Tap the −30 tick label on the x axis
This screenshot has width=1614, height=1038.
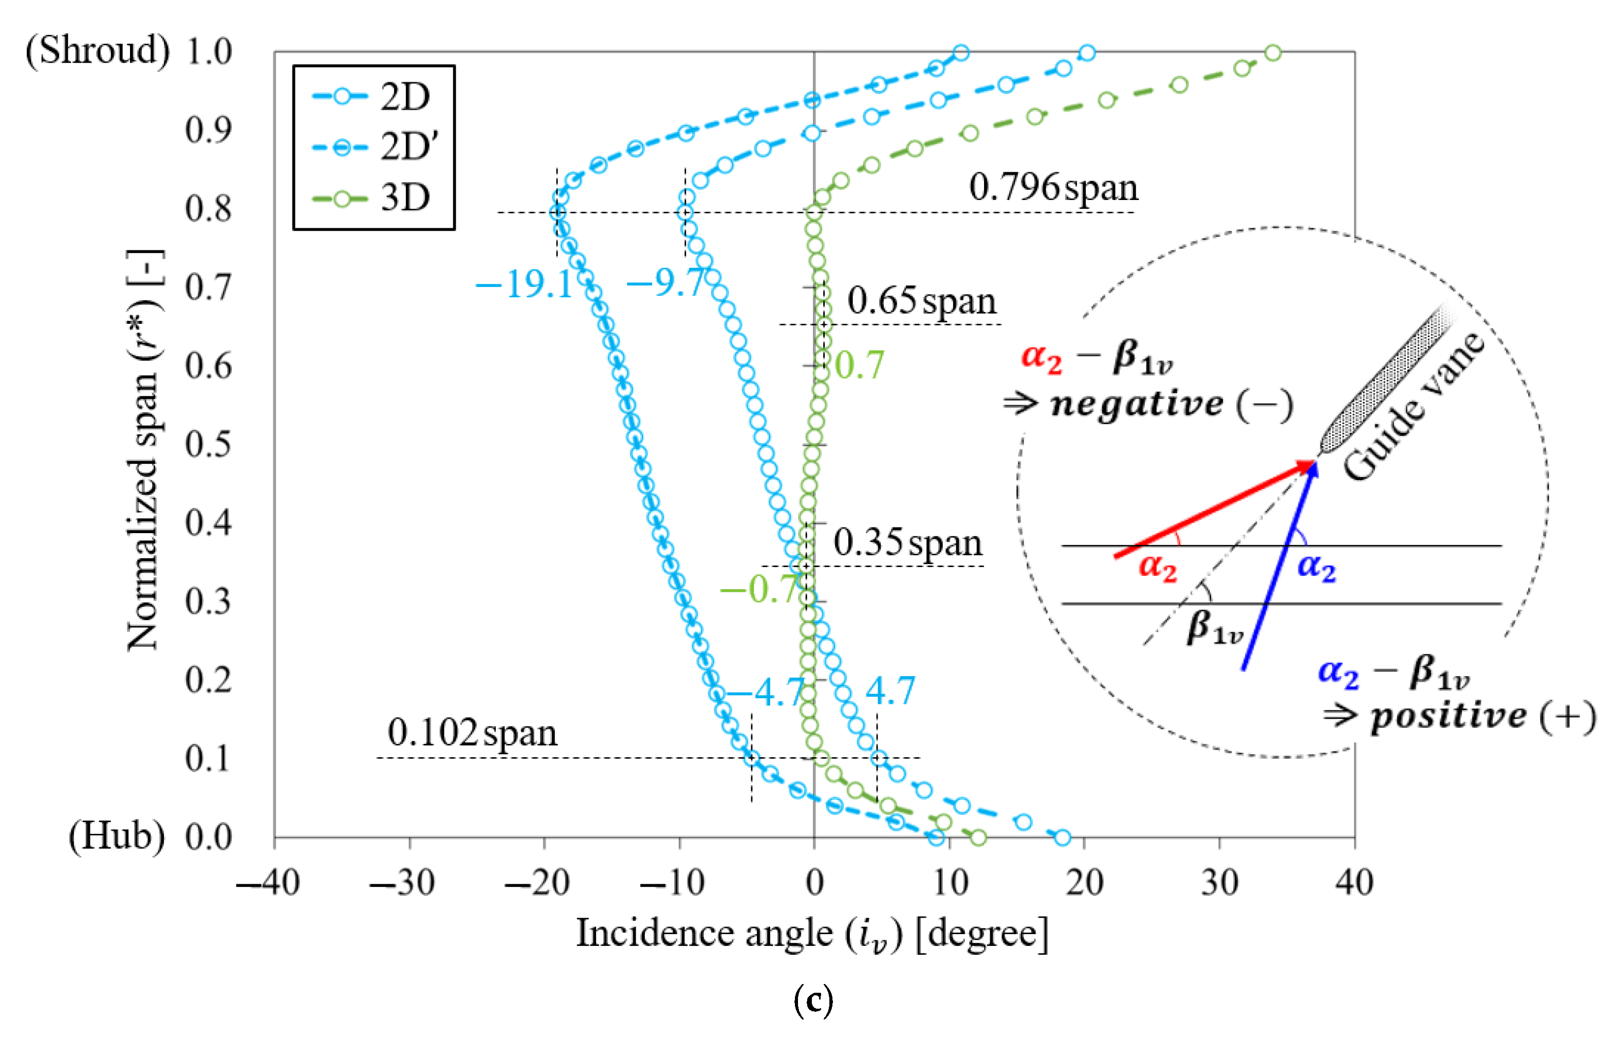(x=403, y=882)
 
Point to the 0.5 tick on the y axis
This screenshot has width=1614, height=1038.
(x=209, y=444)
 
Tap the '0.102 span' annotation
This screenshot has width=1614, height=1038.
(x=472, y=733)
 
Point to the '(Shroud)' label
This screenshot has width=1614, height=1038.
(x=98, y=51)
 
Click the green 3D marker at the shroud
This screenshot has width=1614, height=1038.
(x=1272, y=52)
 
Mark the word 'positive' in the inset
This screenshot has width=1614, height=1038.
(x=1449, y=716)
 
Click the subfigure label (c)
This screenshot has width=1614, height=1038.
(x=813, y=1001)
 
